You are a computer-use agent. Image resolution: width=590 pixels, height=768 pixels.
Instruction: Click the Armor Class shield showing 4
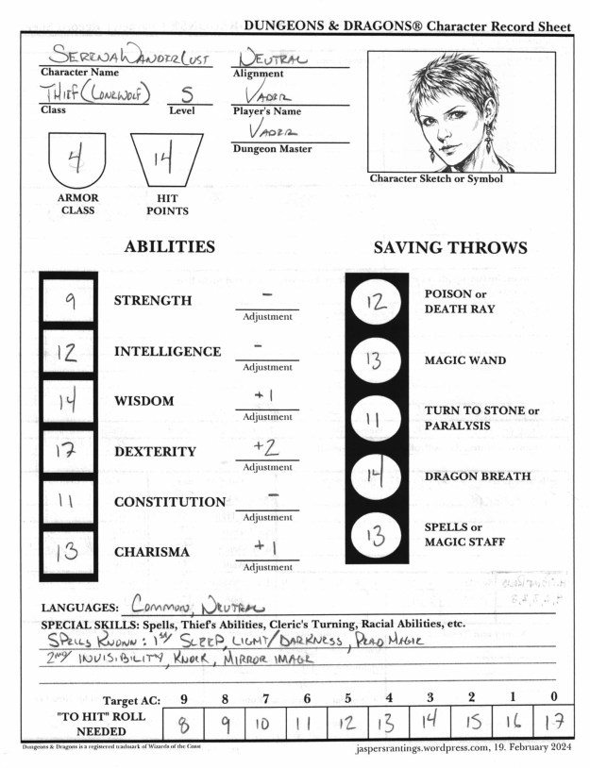coord(78,160)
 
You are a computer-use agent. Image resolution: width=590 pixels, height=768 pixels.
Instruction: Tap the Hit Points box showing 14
coord(167,160)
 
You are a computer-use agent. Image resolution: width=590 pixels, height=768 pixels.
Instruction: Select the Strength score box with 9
coord(69,301)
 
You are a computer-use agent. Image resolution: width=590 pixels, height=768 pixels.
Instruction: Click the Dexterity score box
coord(69,451)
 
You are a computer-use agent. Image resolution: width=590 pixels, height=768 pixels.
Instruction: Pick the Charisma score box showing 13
coord(69,552)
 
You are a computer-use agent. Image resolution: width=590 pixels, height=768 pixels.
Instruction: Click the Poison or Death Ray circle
coord(377,302)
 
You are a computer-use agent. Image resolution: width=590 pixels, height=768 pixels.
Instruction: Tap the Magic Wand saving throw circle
coord(377,359)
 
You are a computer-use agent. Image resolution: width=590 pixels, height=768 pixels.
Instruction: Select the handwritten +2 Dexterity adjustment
coord(266,447)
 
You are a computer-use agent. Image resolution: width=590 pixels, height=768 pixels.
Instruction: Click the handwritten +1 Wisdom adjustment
coord(266,396)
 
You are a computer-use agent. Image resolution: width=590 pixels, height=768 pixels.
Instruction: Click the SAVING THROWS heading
coord(450,248)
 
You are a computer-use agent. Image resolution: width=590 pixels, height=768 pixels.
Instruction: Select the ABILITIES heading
coord(169,247)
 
